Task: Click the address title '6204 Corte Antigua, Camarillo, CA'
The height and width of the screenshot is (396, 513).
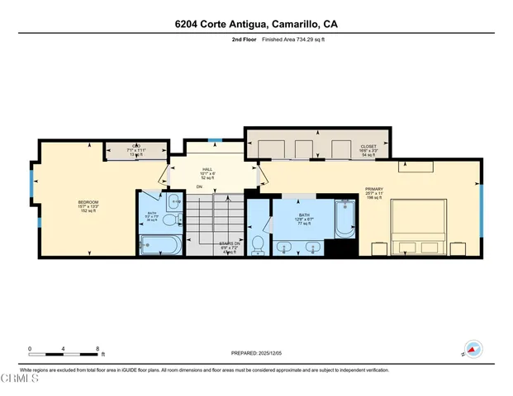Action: (x=256, y=24)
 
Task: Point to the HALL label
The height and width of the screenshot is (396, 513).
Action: (x=207, y=172)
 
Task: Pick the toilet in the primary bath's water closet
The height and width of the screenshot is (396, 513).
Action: (x=258, y=244)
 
